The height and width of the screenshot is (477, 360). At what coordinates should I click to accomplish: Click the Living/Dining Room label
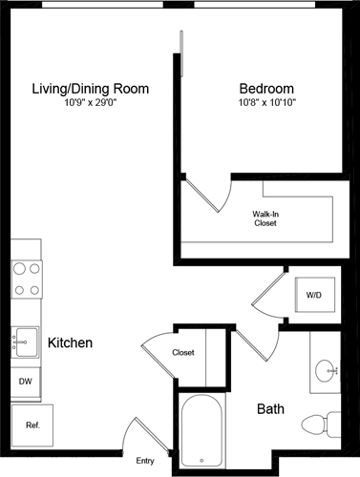(92, 88)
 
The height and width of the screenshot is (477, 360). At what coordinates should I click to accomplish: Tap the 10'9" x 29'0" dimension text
(92, 102)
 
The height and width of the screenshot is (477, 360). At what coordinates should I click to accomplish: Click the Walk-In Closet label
(265, 219)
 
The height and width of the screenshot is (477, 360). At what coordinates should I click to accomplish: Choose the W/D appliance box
(313, 296)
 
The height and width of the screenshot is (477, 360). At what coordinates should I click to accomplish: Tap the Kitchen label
(70, 342)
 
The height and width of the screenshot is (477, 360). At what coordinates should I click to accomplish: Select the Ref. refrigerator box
(32, 424)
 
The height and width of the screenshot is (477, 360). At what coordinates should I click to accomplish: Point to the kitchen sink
(25, 339)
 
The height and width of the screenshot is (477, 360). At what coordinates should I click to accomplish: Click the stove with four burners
(27, 278)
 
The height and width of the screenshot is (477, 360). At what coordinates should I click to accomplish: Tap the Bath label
(270, 409)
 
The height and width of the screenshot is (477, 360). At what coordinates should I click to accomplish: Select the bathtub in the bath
(202, 431)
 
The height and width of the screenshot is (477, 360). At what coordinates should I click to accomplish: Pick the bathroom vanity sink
(327, 367)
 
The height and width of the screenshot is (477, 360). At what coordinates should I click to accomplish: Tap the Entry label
(145, 461)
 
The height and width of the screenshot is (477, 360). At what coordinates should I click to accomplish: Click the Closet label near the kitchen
(183, 353)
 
